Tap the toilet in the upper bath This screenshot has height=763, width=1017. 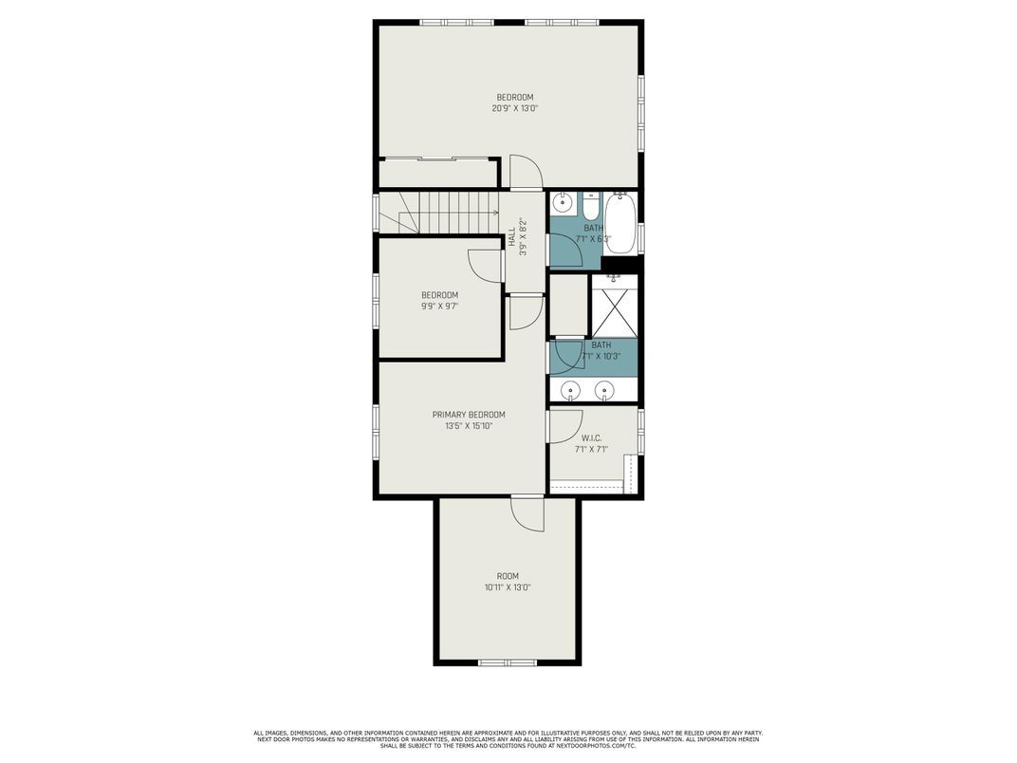point(590,206)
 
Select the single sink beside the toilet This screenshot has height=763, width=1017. point(563,202)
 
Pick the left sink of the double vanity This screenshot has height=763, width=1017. point(571,389)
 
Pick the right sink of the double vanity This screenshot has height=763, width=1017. point(604,389)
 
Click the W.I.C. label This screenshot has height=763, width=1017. point(591,437)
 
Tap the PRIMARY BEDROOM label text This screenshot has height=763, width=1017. point(469,415)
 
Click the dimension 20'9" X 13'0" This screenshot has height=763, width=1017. point(515,109)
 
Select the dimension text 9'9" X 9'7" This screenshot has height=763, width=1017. point(439,307)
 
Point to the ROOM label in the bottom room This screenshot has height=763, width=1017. point(508,576)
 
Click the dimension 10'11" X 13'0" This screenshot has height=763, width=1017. point(508,587)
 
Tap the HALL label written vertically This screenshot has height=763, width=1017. point(511,236)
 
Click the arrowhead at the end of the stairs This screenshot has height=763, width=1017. point(496,213)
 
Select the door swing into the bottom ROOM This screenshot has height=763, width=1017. point(527,514)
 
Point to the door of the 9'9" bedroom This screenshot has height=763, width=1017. point(487,265)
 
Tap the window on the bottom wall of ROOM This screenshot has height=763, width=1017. point(508,661)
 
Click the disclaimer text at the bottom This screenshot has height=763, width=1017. point(508,739)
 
